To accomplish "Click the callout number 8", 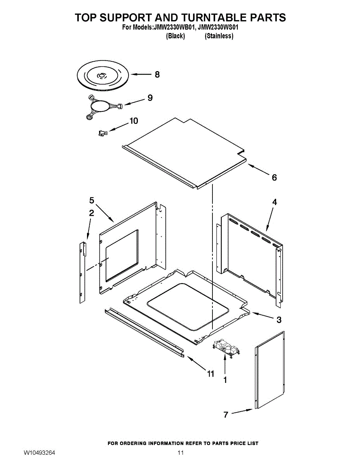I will tap(157, 74).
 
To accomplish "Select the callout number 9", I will tap(150, 98).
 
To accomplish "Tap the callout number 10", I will tap(133, 121).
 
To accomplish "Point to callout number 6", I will tap(274, 177).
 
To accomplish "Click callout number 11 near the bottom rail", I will tap(210, 374).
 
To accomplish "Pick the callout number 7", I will tap(226, 414).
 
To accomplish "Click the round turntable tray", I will tap(102, 76).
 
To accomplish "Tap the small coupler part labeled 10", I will tap(102, 133).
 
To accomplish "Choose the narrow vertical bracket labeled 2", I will tap(82, 272).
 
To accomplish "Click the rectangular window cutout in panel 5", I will tap(122, 255).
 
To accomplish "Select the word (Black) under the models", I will tap(175, 36).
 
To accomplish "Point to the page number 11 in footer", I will tap(180, 453).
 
